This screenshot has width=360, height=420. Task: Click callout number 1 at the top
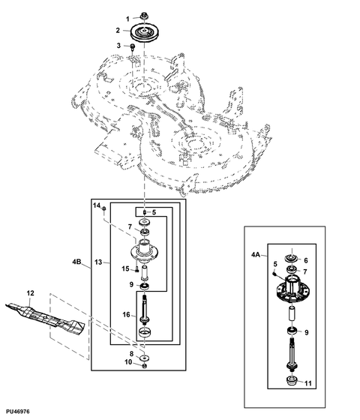[x=126, y=18]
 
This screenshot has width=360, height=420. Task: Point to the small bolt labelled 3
[x=133, y=48]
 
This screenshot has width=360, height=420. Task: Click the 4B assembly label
[x=77, y=262]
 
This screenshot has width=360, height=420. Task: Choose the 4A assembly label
[x=255, y=256]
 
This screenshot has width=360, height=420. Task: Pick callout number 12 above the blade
[x=31, y=292]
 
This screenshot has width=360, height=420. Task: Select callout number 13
[x=98, y=262]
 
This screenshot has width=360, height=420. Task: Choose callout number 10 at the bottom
[x=127, y=363]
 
